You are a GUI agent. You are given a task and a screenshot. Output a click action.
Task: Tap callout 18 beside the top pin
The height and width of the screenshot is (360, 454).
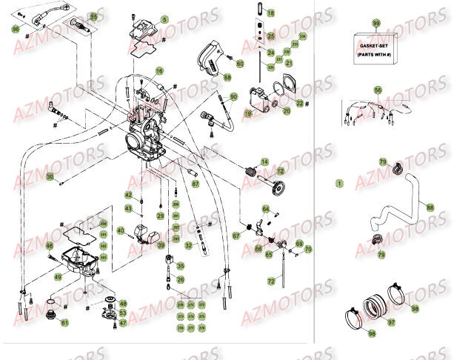(x=270, y=14)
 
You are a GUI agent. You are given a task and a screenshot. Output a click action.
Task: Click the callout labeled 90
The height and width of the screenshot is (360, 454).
(x=233, y=96)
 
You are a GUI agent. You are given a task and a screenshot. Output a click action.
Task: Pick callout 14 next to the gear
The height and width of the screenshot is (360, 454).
(x=264, y=161)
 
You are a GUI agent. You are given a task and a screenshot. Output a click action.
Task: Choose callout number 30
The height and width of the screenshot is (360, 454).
(x=50, y=177)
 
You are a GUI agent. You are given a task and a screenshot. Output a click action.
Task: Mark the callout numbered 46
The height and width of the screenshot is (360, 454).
(x=49, y=246)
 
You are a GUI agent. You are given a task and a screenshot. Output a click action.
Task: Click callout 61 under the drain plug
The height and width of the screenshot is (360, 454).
(x=64, y=322)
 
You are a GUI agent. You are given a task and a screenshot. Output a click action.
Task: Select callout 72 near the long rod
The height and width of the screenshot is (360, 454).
(x=273, y=281)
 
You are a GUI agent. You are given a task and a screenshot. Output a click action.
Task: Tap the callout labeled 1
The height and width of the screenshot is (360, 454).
(x=340, y=181)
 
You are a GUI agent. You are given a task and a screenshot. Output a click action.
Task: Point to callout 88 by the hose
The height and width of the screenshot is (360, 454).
(x=430, y=209)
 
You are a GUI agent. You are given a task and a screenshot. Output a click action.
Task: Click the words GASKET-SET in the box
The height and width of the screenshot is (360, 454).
(x=375, y=44)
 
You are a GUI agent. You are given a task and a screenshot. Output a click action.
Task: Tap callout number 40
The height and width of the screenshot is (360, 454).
(x=121, y=230)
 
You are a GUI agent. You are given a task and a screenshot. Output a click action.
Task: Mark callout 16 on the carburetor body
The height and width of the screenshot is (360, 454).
(x=158, y=71)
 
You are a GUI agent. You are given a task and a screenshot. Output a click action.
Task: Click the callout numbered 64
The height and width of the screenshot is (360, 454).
(x=266, y=210)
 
